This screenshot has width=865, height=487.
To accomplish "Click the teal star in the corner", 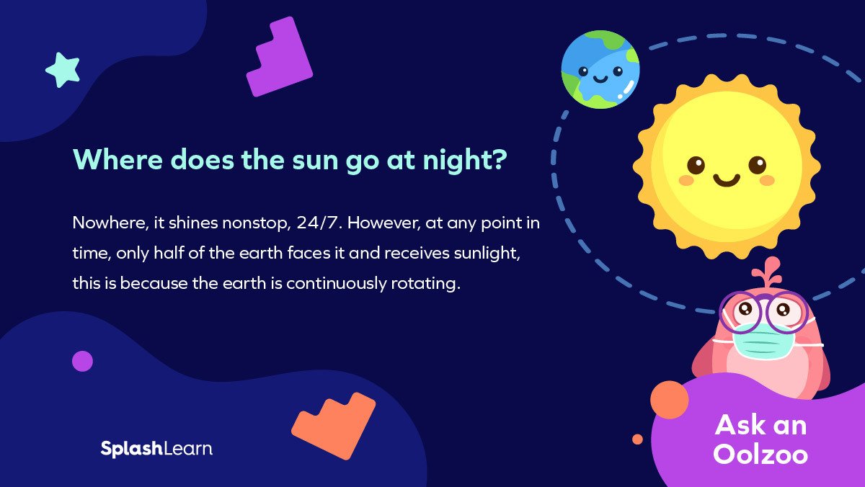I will pyautogui.click(x=62, y=70).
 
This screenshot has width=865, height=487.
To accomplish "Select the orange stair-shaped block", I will pyautogui.click(x=336, y=424).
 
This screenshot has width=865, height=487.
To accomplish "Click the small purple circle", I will pyautogui.click(x=82, y=361).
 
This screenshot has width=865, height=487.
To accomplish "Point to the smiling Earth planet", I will pyautogui.click(x=600, y=70).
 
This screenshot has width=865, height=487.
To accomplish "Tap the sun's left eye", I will pyautogui.click(x=695, y=165).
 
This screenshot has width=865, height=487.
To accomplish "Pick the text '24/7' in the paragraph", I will pyautogui.click(x=315, y=223).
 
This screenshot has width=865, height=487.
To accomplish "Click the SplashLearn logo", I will pyautogui.click(x=156, y=448).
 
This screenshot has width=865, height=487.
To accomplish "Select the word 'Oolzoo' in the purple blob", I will pyautogui.click(x=760, y=454).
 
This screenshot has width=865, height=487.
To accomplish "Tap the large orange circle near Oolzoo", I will pyautogui.click(x=669, y=400).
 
